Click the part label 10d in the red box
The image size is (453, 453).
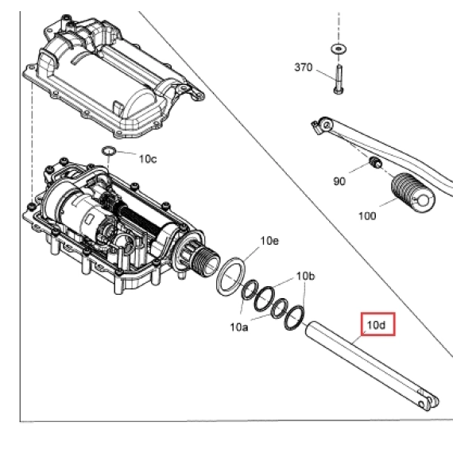[x=376, y=325]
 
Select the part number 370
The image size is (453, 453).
[x=304, y=68]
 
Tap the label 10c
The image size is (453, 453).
[x=148, y=159]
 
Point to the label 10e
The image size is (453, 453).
[x=269, y=241]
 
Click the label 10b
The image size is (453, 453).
[x=306, y=277]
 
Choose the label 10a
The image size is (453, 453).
[x=239, y=327]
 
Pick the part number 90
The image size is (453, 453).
[x=339, y=181]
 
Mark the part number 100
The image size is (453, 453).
[x=367, y=216]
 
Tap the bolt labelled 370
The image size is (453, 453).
[x=339, y=79]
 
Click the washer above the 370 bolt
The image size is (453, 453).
[x=339, y=49]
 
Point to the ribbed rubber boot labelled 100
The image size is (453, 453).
[x=413, y=192]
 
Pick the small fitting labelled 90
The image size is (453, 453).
[x=376, y=163]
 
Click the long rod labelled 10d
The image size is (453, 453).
[x=370, y=364]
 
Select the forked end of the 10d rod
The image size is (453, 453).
[x=428, y=401]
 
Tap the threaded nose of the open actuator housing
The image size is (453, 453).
[x=207, y=261]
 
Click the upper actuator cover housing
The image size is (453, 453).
[x=113, y=76]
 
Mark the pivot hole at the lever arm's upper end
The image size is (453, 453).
[x=327, y=125]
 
